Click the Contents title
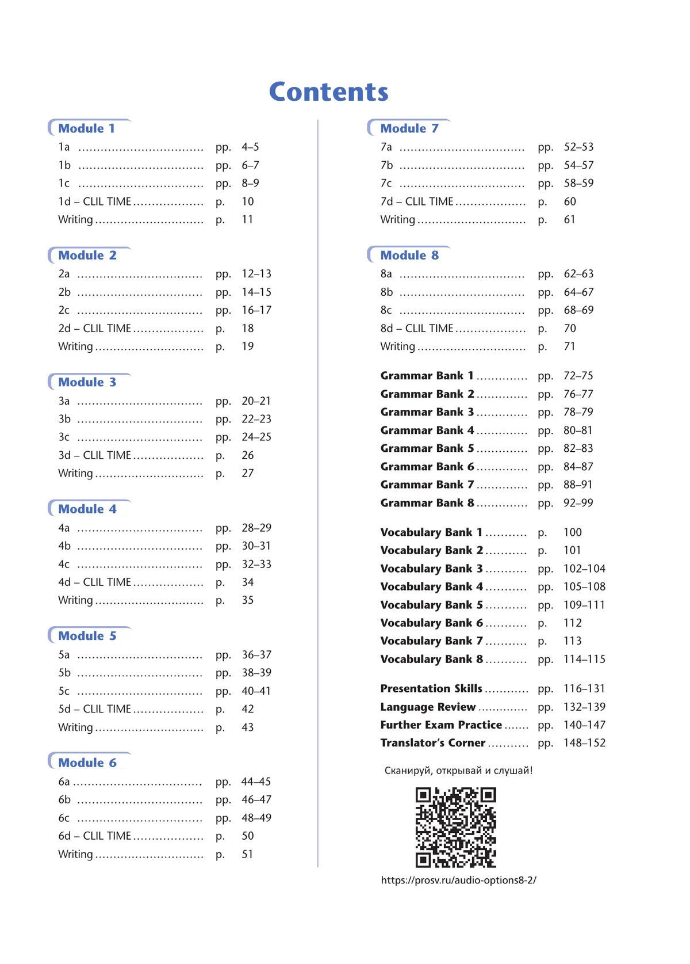(x=329, y=92)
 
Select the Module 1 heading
(x=87, y=128)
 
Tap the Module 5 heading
(x=87, y=636)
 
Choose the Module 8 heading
(x=409, y=256)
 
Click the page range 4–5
(x=250, y=147)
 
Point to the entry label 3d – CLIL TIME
(x=95, y=455)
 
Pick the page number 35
(x=248, y=600)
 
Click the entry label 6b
(x=64, y=800)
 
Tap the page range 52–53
(x=578, y=147)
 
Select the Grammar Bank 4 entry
(x=427, y=430)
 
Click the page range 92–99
(x=578, y=503)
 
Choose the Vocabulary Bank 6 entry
(x=431, y=623)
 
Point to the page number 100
(x=573, y=532)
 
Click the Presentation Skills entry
(x=431, y=689)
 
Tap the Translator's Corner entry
(x=433, y=743)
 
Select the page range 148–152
(x=584, y=743)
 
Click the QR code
(x=455, y=828)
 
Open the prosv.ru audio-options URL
(x=458, y=880)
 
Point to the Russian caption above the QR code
(x=458, y=771)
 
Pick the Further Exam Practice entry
(x=441, y=725)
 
